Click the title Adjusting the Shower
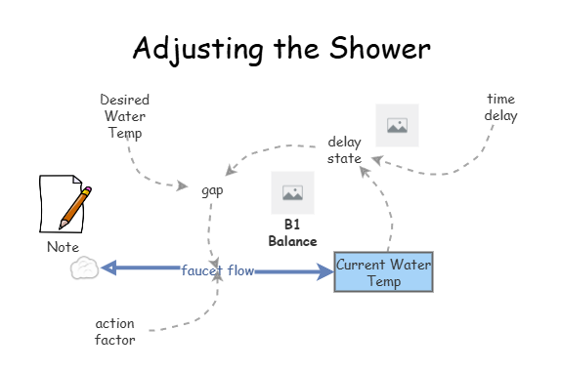280,47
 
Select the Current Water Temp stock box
383,271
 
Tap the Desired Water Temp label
124,116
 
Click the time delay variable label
500,108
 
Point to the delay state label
344,150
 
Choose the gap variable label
212,190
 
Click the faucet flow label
217,269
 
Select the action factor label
114,331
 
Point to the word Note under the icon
63,247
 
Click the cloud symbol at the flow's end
85,268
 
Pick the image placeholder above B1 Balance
292,192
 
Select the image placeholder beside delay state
397,125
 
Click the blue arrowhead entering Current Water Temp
324,270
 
